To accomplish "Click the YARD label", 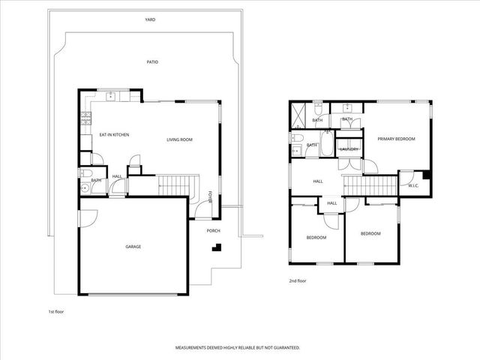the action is tap(150, 19).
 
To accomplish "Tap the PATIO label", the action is tap(152, 62).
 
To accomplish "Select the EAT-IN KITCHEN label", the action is tap(114, 135).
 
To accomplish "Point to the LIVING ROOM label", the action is tap(179, 140).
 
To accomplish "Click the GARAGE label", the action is tap(133, 247).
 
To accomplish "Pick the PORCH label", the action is tap(213, 231).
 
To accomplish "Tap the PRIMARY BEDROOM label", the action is tap(396, 139).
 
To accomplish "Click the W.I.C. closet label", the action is tap(413, 186).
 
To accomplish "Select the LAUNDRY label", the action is tap(349, 149).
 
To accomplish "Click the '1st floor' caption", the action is tap(56, 312).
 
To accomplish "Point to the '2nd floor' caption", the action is tap(298, 280).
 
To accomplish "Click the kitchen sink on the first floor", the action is tap(110, 97).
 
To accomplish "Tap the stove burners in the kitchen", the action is tap(85, 118).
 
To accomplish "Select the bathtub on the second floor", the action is tap(327, 143).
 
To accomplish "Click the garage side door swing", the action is tap(88, 218).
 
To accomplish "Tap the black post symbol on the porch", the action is tap(217, 247).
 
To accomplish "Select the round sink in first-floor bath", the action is tap(85, 188).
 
